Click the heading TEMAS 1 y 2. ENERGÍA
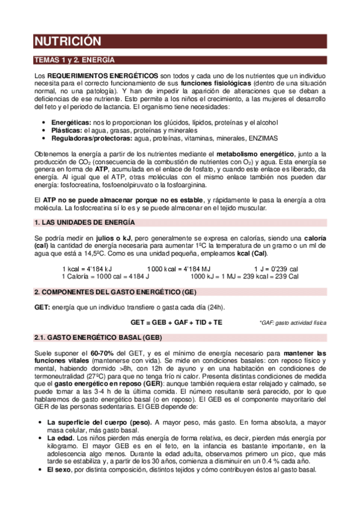pyautogui.click(x=74, y=61)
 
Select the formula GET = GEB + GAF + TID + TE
pyautogui.click(x=176, y=322)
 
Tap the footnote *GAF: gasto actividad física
pyautogui.click(x=293, y=323)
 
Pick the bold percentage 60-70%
pyautogui.click(x=100, y=352)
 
